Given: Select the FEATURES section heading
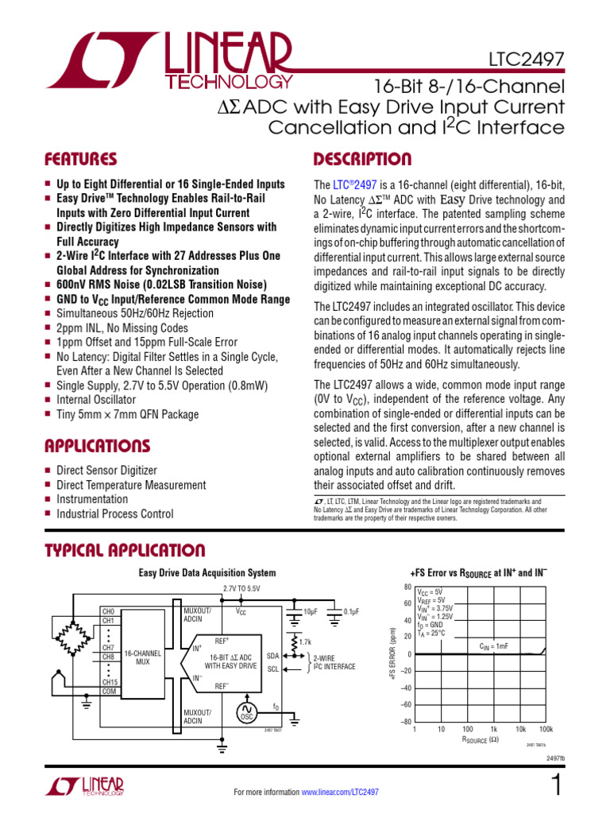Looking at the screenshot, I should click(x=81, y=159).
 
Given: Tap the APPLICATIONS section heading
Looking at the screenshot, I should click(x=97, y=445).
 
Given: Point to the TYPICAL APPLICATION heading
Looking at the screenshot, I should click(x=125, y=550).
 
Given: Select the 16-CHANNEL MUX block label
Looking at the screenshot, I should click(x=143, y=657).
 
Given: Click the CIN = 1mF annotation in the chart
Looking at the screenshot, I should click(x=495, y=646).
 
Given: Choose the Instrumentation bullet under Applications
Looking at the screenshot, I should click(x=91, y=499).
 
